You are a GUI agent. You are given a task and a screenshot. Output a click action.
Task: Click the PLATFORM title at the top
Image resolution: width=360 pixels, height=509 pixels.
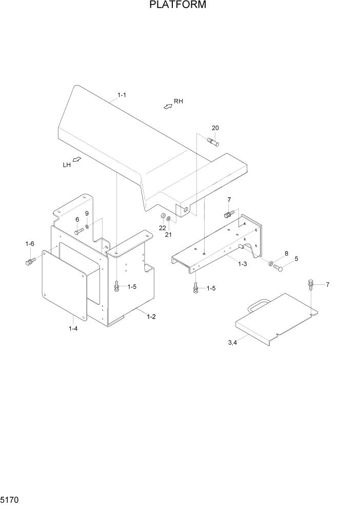pos(178,6)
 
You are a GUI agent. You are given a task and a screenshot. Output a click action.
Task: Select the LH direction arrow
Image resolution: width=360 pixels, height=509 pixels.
pos(77,160)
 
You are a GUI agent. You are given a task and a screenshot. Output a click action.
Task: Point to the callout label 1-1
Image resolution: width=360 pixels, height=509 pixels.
pos(122,95)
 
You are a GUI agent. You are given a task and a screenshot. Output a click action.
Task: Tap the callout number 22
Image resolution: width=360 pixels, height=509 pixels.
pos(162,228)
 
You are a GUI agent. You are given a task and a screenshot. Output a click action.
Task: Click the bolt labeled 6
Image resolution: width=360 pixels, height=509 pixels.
pos(78,232)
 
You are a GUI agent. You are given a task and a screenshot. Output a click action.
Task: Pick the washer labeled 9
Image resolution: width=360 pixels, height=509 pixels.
pos(88,225)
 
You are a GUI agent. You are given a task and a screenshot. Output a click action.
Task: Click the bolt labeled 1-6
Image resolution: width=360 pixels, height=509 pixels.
pos(29,263)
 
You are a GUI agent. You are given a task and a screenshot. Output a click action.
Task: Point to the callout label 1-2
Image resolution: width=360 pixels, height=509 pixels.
pos(151,317)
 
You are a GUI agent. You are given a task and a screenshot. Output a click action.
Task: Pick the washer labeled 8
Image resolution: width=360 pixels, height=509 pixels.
pos(270,264)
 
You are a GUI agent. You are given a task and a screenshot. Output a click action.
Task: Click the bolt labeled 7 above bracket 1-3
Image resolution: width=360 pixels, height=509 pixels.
pos(228,214)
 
